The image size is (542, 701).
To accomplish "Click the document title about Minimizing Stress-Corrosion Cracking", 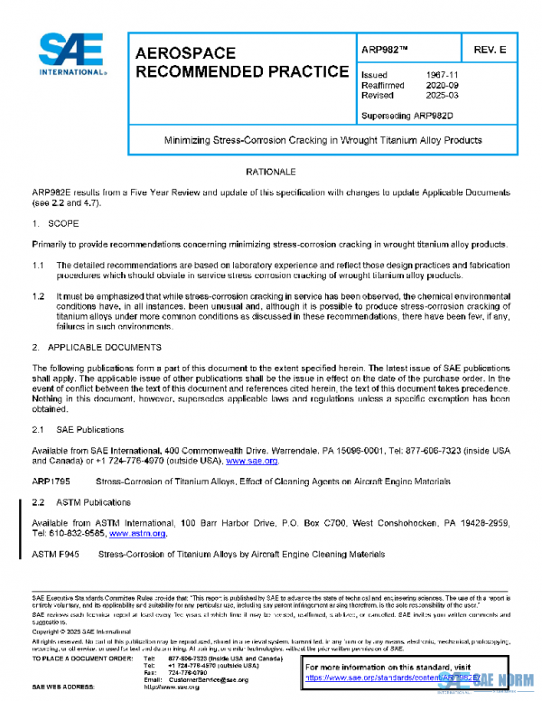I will click(x=322, y=140).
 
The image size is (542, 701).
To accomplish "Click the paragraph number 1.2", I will click(x=40, y=295).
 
